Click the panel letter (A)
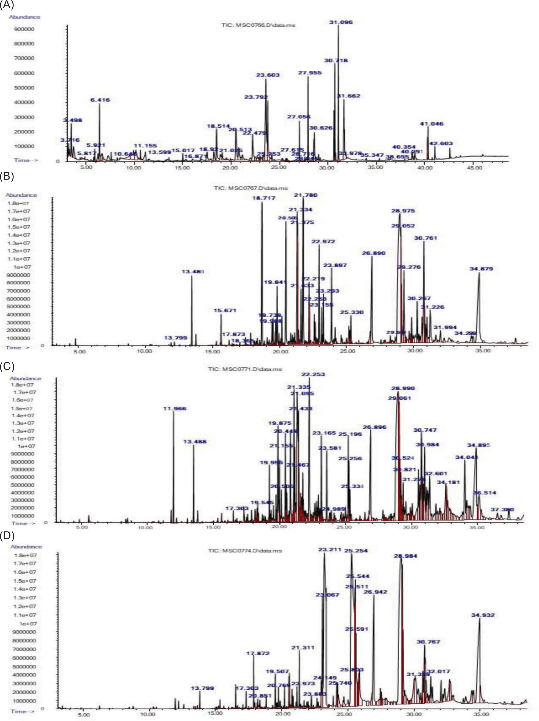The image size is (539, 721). pos(7,5)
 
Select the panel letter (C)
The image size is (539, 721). pos(7,366)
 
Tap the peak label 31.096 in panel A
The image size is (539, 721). pos(340,22)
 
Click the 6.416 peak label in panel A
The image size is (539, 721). pos(100,100)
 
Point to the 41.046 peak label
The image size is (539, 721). pos(431,124)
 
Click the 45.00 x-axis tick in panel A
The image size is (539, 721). pos(474,167)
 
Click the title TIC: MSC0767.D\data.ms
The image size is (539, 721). pos(251,188)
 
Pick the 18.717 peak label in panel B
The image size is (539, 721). pos(264,198)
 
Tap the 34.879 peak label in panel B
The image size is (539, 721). pos(481,269)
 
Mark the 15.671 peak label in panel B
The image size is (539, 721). pos(224,310)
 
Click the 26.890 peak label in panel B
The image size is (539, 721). pos(373,253)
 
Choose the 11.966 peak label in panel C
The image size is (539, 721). pos(175,408)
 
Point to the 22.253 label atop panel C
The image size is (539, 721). pos(313,374)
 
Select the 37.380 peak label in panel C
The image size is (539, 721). pos(502,509)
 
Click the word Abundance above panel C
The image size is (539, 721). pos(25,378)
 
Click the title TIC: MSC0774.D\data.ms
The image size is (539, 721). pos(245,551)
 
